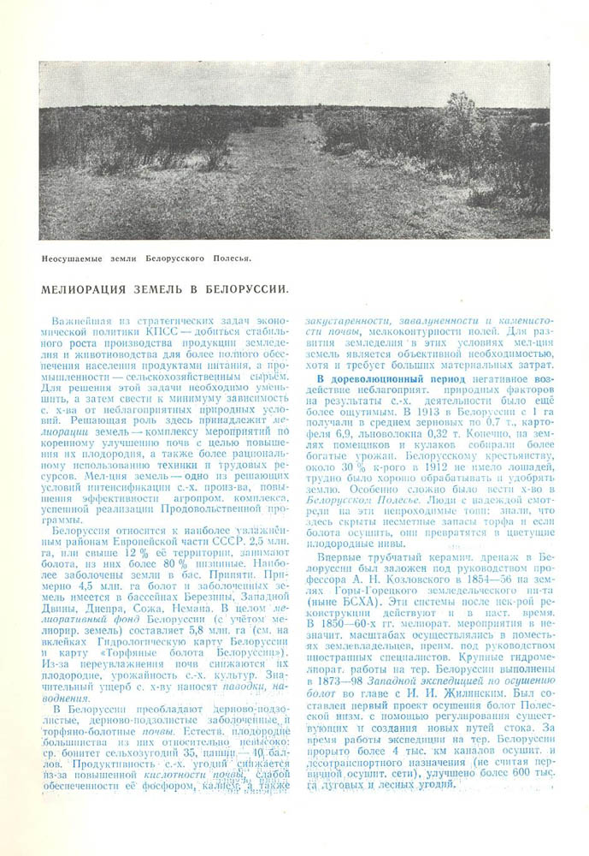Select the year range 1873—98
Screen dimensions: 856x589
331,669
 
